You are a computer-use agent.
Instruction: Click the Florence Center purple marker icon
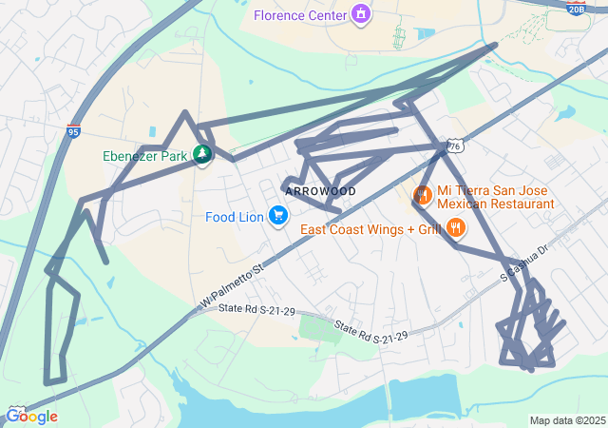pos(360,14)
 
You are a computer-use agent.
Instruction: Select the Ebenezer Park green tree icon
pos(201,155)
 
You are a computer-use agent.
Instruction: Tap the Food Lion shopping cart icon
pos(278,217)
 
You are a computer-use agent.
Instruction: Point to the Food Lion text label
pos(234,218)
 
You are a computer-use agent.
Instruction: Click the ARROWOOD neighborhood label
pos(320,192)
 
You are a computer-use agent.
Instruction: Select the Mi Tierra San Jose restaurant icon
pos(422,197)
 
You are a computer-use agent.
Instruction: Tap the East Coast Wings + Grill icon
pos(457,228)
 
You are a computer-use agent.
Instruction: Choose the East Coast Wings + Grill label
pos(371,229)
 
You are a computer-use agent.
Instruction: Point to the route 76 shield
pos(456,146)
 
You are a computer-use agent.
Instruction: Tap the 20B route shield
pos(576,9)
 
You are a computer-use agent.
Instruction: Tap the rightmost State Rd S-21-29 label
pos(370,334)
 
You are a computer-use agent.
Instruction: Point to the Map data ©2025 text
pos(566,420)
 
